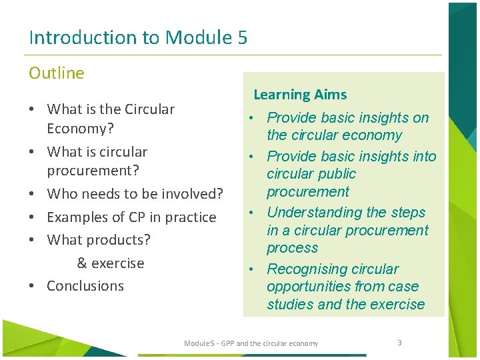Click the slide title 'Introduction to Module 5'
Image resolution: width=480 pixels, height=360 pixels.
138,37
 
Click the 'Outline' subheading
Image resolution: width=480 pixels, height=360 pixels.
57,73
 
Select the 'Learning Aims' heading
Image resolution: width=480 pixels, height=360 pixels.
300,95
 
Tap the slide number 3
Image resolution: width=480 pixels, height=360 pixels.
399,343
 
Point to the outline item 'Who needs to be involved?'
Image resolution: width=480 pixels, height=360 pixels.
135,194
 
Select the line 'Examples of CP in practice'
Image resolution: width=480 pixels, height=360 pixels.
131,217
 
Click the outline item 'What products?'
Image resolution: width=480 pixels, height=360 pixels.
99,240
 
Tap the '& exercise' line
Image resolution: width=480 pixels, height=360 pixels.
111,263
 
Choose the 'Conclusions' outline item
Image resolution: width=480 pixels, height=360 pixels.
85,286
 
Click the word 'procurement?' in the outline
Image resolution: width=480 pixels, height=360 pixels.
93,171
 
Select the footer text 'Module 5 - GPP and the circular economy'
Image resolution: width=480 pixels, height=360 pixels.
251,343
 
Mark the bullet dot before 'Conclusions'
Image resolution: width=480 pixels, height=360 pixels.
32,286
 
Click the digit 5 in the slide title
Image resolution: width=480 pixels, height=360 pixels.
242,37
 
